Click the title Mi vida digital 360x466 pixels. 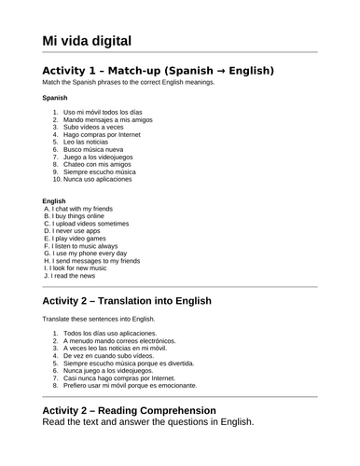(87, 40)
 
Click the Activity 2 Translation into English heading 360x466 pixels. (140, 302)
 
